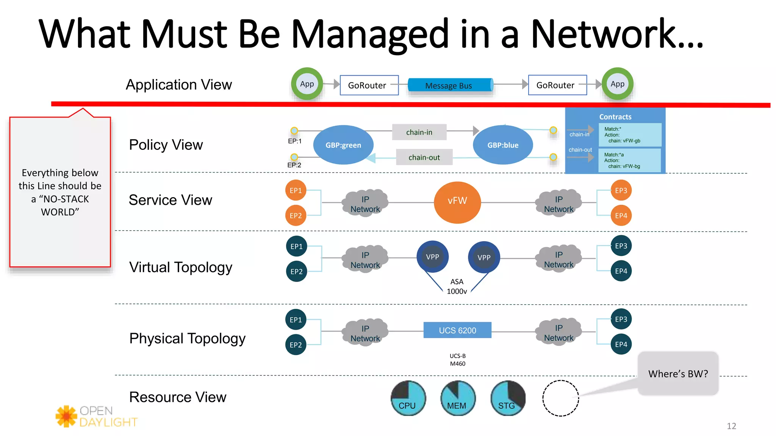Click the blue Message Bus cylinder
(x=450, y=86)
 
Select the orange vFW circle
(x=457, y=202)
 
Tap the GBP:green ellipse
(x=343, y=145)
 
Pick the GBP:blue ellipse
(x=503, y=145)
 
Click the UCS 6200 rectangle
(x=457, y=330)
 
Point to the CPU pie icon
(x=408, y=398)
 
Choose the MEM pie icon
(x=458, y=398)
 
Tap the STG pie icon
(x=508, y=398)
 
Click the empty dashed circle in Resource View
(x=560, y=398)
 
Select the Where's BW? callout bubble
(x=678, y=374)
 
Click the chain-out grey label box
(x=424, y=157)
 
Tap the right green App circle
(x=617, y=84)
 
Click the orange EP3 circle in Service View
(x=621, y=190)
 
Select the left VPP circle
(x=432, y=257)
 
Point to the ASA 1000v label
(x=457, y=287)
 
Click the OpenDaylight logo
(x=96, y=416)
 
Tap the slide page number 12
(x=731, y=426)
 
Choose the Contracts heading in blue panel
(x=615, y=117)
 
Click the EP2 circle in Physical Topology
(x=296, y=345)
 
